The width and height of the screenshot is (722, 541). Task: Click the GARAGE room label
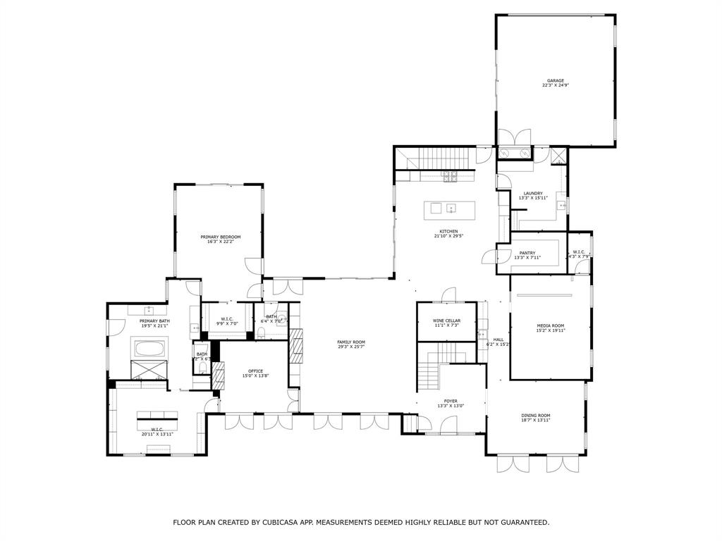(554, 81)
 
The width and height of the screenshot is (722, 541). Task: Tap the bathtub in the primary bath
(149, 347)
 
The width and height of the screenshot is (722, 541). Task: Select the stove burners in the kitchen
(450, 175)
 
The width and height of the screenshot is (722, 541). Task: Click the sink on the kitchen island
(451, 208)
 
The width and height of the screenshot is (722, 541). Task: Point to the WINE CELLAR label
(446, 321)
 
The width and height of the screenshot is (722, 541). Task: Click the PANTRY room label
(527, 253)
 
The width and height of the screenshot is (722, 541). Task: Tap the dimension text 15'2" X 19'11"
(551, 330)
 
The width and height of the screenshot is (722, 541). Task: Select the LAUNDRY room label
(532, 194)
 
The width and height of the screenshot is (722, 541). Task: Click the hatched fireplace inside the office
(218, 375)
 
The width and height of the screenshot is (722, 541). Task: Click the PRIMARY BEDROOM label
(220, 237)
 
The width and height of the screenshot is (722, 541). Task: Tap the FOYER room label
(451, 401)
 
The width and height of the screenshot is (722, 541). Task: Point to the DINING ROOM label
(535, 416)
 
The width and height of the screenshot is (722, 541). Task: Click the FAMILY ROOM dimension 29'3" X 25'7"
(350, 347)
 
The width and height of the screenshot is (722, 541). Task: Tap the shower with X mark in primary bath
(149, 369)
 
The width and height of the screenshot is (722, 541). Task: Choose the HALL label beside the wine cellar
(498, 340)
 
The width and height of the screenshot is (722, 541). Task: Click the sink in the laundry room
(562, 206)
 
